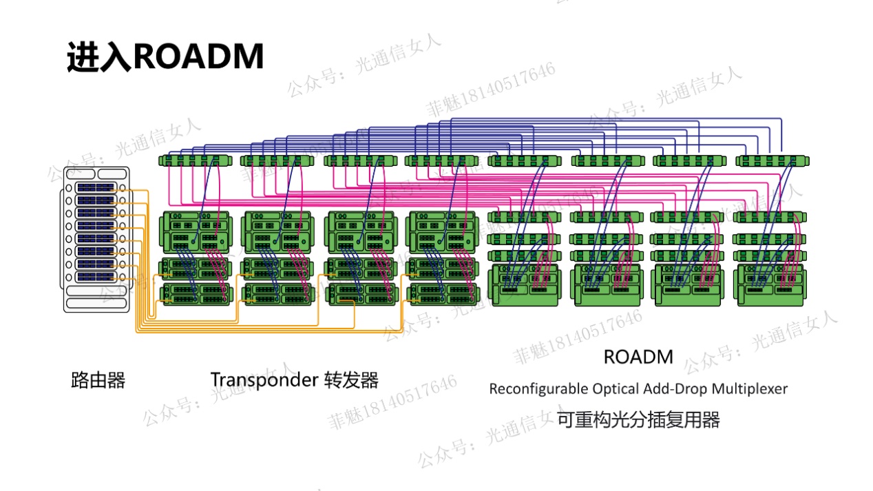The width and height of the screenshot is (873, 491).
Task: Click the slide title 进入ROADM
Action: point(165,57)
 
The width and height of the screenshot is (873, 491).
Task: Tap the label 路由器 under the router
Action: point(98,380)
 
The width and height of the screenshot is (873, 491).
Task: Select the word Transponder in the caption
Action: point(264,379)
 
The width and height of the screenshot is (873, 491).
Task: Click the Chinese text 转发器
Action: point(351,380)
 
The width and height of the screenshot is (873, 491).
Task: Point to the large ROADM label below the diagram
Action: point(638,357)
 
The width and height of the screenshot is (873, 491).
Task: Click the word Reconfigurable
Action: point(538,389)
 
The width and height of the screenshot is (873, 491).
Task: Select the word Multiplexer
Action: point(750,389)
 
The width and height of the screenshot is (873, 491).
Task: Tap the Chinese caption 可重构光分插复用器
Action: point(638,420)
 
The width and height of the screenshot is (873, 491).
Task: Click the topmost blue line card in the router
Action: point(96,188)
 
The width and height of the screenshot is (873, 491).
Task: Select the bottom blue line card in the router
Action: point(96,277)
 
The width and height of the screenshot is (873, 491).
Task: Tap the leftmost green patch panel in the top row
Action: point(196,160)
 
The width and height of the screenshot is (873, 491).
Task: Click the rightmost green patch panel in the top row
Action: point(772,161)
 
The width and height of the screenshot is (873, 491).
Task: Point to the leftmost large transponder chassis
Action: point(196,232)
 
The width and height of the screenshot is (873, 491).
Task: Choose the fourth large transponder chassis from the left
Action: point(442,232)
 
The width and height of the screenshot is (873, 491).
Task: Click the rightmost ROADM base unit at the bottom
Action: point(770,285)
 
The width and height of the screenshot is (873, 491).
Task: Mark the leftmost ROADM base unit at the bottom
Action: point(525,285)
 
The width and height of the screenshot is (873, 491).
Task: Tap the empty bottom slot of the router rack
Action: point(96,303)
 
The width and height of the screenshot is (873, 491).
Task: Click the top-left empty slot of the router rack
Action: point(81,174)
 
